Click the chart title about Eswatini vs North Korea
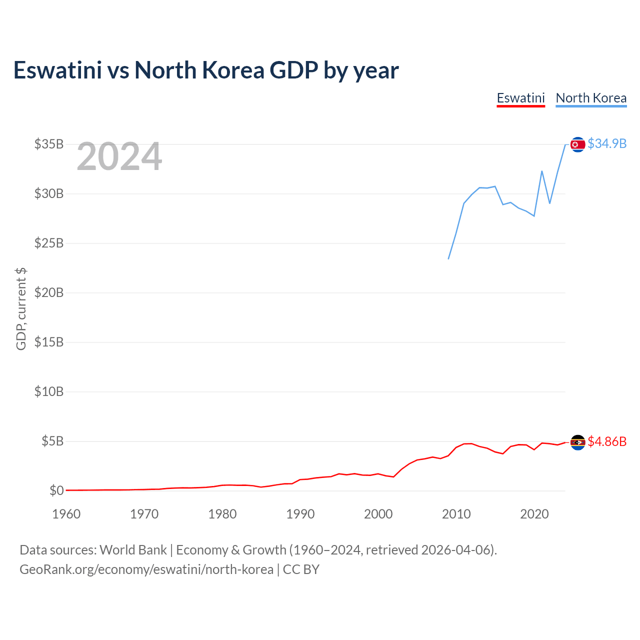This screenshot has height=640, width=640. click(x=206, y=70)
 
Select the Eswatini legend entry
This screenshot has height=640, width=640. click(x=520, y=98)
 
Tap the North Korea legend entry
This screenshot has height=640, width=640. click(x=591, y=98)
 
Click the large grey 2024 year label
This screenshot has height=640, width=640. click(x=119, y=157)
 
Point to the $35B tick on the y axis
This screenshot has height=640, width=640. click(x=49, y=144)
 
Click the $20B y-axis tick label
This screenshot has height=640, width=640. click(x=49, y=293)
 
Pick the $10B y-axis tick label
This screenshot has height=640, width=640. click(x=49, y=392)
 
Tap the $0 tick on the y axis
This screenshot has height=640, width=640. click(x=56, y=491)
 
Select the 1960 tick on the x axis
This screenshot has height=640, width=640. click(x=66, y=514)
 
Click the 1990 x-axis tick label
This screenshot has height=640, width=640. click(x=300, y=514)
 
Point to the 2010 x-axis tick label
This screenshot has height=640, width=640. click(x=456, y=514)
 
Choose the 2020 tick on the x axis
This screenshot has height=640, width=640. click(x=534, y=514)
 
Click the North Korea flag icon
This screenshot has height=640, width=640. click(x=578, y=144)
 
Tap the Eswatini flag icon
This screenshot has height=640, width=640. click(x=578, y=442)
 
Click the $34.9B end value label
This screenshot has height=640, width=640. click(x=607, y=144)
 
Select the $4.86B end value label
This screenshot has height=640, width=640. click(x=607, y=442)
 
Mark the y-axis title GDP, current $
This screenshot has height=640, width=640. click(x=21, y=308)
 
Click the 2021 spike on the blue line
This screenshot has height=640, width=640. click(x=542, y=171)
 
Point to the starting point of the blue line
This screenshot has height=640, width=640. click(x=448, y=258)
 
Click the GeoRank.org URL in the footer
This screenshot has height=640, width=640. click(x=146, y=569)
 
